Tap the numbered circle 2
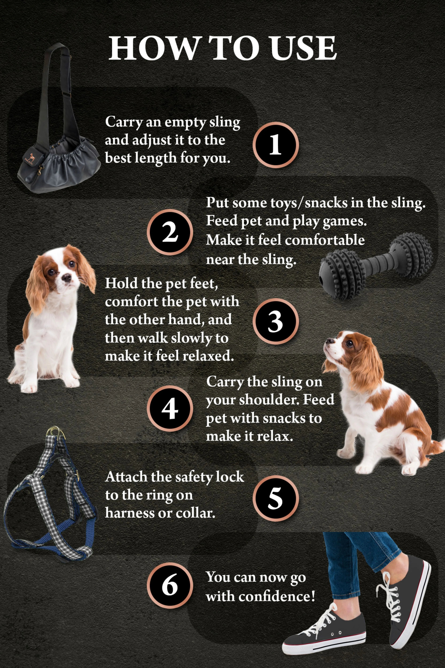tap(170, 232)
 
